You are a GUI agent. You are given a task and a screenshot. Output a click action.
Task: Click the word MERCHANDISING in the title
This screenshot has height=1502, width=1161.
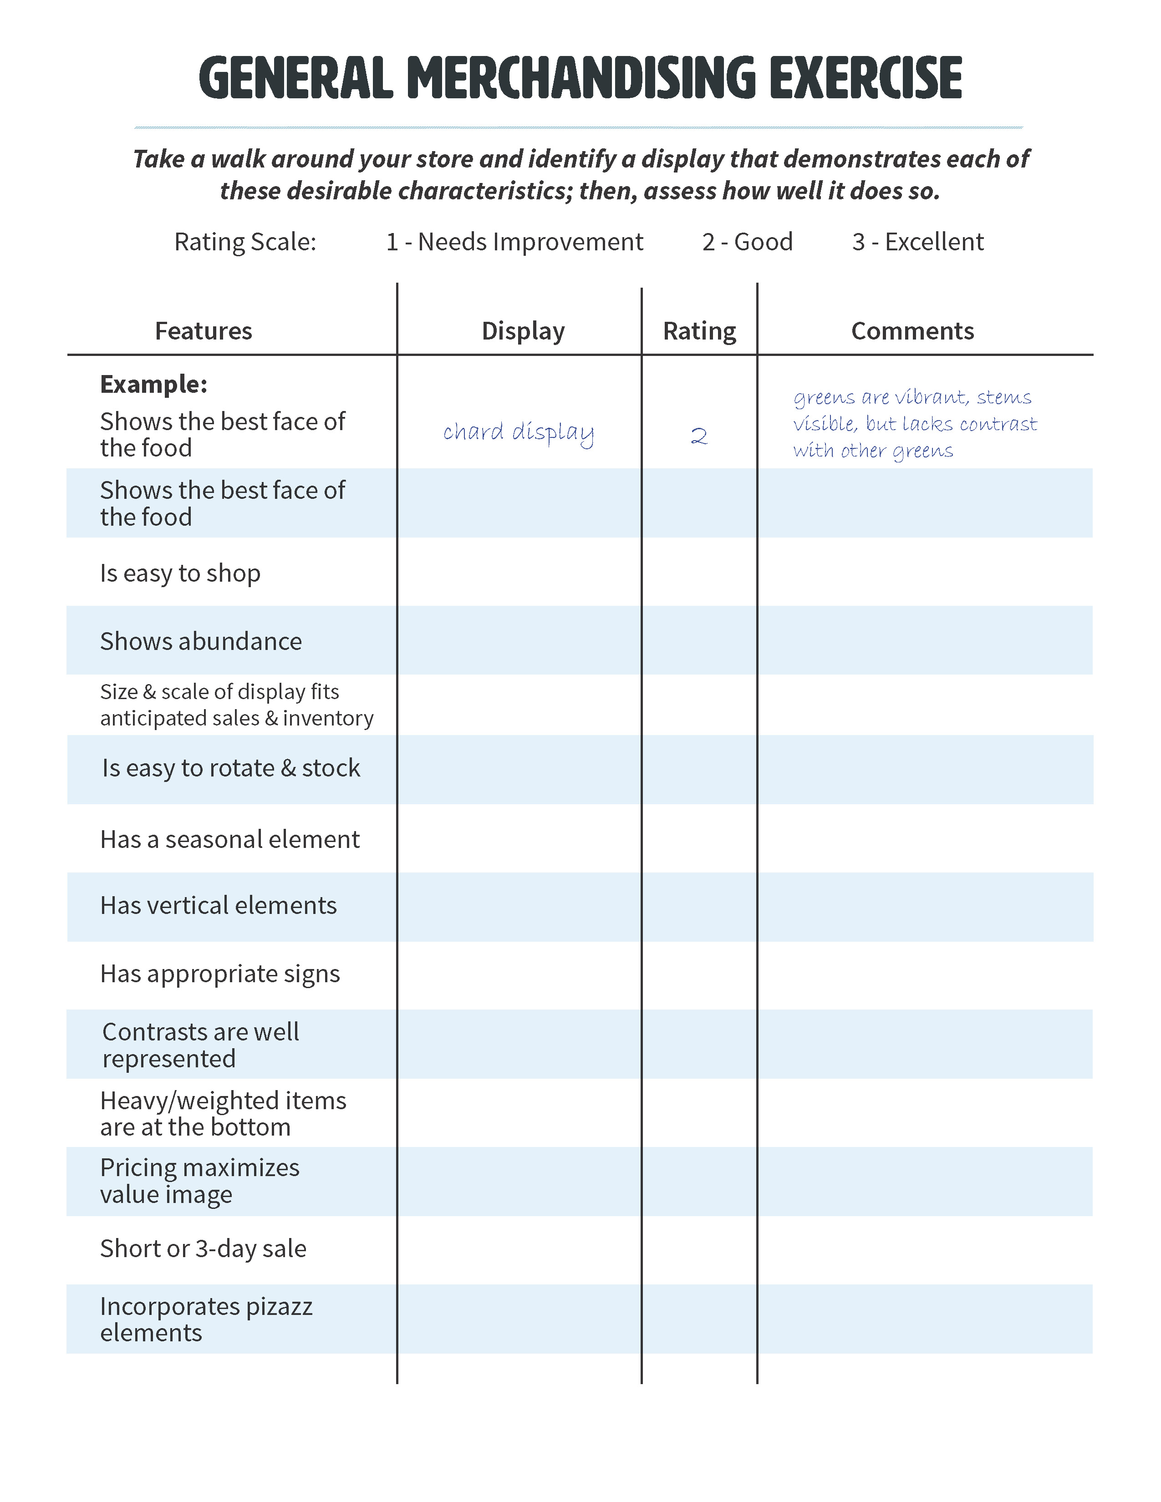tap(581, 78)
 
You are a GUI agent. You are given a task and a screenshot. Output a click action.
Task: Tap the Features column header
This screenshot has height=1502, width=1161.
tap(204, 331)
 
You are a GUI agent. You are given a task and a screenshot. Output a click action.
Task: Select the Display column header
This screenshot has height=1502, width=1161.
tap(523, 331)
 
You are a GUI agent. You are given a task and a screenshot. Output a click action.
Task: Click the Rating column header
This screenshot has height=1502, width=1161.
tap(699, 331)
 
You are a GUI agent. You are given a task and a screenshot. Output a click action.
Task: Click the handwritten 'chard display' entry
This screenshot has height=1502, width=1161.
tap(518, 432)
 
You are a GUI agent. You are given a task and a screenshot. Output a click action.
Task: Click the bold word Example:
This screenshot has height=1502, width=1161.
tap(153, 384)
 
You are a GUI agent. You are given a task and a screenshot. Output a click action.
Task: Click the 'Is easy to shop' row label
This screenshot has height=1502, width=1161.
tap(180, 573)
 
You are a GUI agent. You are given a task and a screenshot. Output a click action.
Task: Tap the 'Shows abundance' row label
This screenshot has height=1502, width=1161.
tap(201, 641)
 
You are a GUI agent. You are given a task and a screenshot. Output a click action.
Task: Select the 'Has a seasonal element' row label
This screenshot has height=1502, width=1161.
tap(230, 839)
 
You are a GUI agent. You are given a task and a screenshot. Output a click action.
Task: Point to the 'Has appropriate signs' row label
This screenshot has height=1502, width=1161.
tap(220, 974)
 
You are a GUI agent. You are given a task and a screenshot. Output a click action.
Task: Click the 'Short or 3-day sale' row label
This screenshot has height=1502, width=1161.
tap(203, 1248)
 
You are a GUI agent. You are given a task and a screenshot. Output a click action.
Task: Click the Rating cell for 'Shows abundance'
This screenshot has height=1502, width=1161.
tap(699, 640)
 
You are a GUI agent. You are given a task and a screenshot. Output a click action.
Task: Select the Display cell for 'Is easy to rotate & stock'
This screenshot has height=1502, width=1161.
tap(519, 769)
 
